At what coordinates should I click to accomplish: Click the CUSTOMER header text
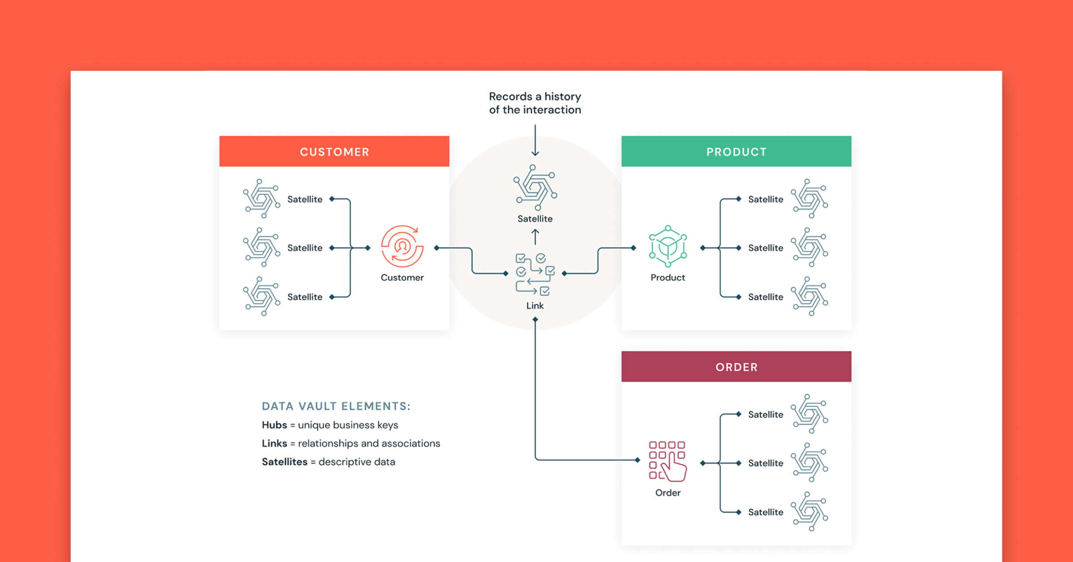[334, 152]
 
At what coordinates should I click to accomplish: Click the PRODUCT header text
[736, 152]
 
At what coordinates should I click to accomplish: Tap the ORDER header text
[736, 367]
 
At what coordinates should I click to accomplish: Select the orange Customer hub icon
[402, 247]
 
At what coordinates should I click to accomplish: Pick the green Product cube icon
[667, 247]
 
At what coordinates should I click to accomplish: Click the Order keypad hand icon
[667, 461]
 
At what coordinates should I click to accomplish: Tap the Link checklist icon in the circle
[535, 274]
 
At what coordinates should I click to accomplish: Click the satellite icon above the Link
[535, 187]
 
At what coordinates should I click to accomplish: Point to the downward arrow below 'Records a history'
[535, 140]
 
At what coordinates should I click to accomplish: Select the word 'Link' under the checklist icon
[535, 306]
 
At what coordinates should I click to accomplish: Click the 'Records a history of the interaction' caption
[535, 103]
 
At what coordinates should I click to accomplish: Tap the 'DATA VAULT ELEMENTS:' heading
[336, 406]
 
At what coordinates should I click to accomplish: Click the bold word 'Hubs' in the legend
[274, 425]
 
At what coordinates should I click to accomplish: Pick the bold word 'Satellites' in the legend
[284, 462]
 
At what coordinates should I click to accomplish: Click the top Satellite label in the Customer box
[304, 199]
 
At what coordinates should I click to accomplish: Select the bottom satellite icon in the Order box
[809, 511]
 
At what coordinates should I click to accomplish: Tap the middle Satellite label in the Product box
[765, 248]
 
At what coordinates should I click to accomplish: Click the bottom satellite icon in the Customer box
[262, 296]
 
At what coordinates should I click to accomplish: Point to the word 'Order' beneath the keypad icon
[667, 493]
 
